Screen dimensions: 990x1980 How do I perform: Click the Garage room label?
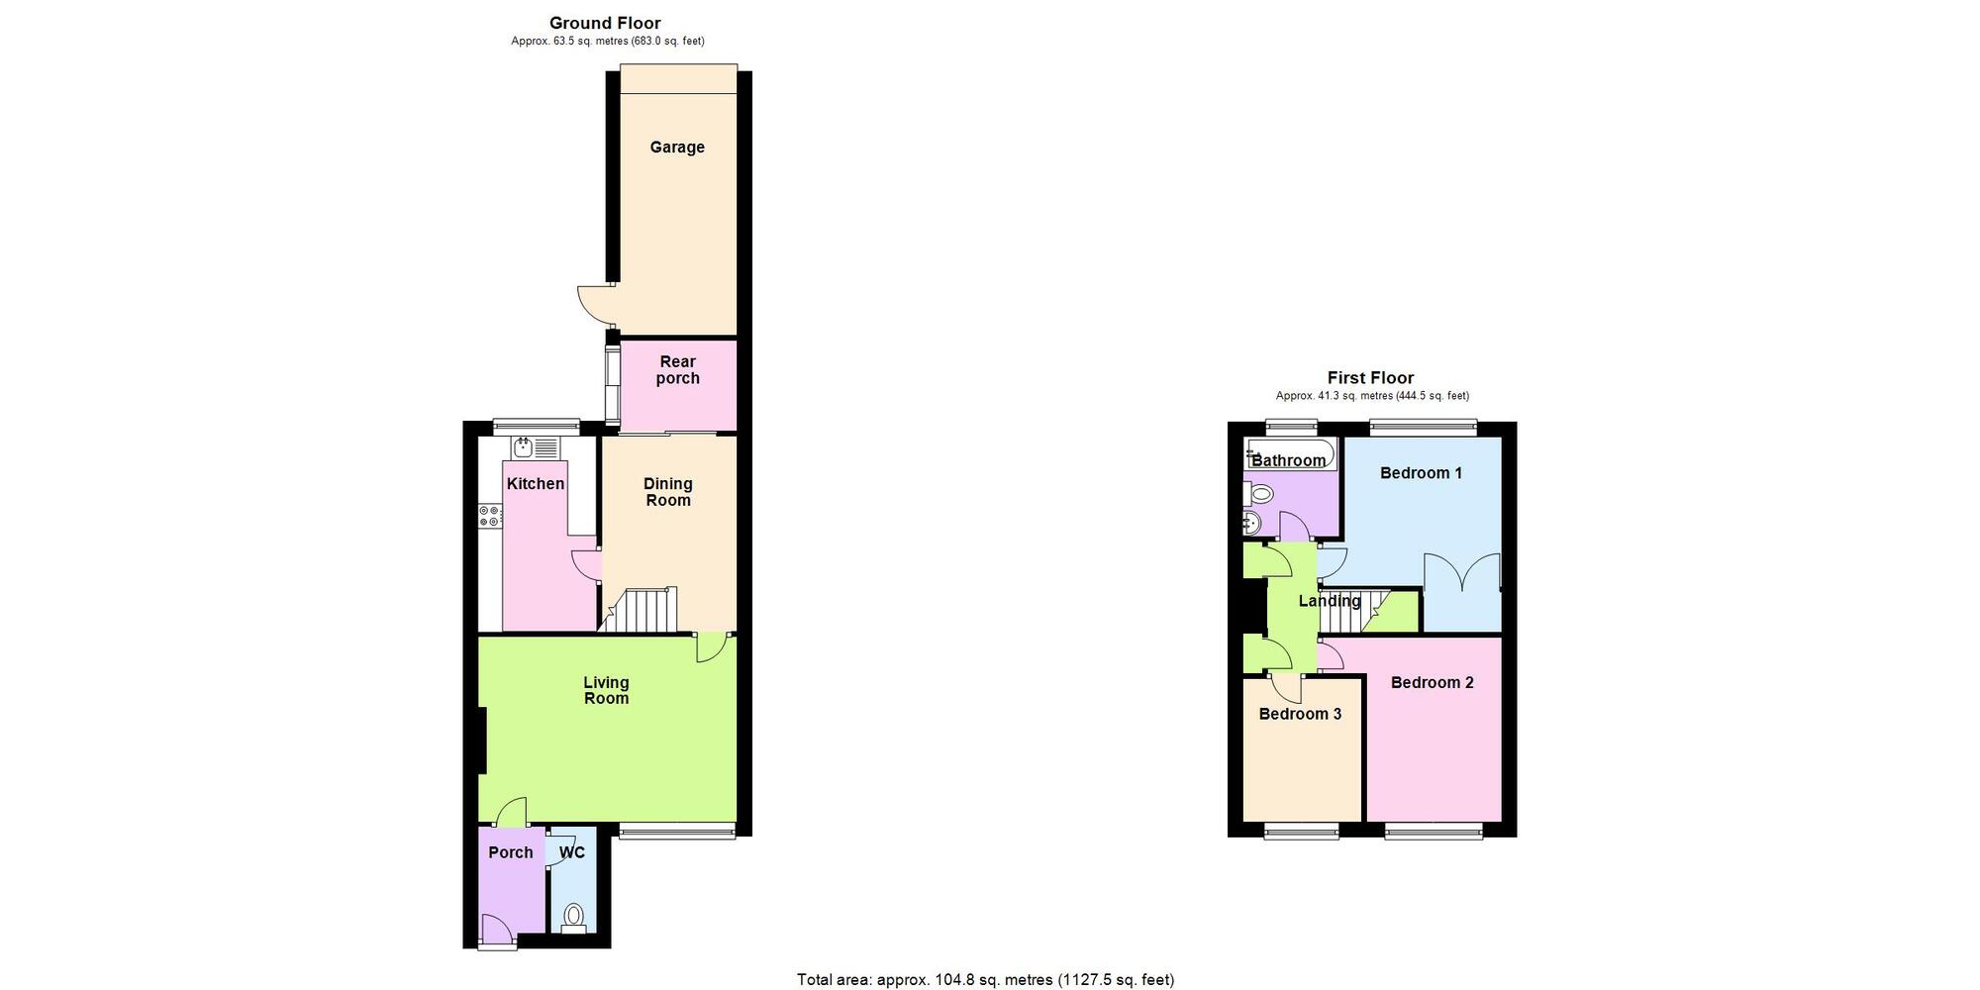677,148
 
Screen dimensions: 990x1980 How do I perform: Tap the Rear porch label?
678,370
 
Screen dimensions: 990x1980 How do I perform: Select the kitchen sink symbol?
536,447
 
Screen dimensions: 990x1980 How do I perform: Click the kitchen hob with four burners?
490,516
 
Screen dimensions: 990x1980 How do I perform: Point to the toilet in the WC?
573,917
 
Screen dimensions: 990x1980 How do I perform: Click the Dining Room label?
668,492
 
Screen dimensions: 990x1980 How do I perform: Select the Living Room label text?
606,690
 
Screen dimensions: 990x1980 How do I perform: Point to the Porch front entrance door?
498,931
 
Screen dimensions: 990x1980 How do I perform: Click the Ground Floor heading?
605,23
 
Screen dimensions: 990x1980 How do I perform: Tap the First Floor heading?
1370,377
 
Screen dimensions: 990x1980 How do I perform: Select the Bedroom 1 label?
1421,473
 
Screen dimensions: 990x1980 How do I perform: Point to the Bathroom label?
1288,460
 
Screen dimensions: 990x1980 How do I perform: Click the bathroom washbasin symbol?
1252,523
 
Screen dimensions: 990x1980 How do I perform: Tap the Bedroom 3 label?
1300,714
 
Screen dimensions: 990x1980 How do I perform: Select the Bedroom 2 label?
1432,682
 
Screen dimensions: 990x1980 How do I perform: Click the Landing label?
1329,601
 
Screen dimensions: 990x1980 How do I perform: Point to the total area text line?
985,980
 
